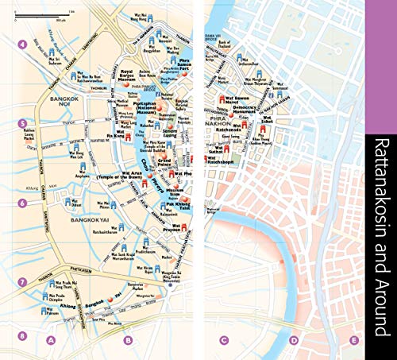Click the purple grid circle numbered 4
coord(22,45)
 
